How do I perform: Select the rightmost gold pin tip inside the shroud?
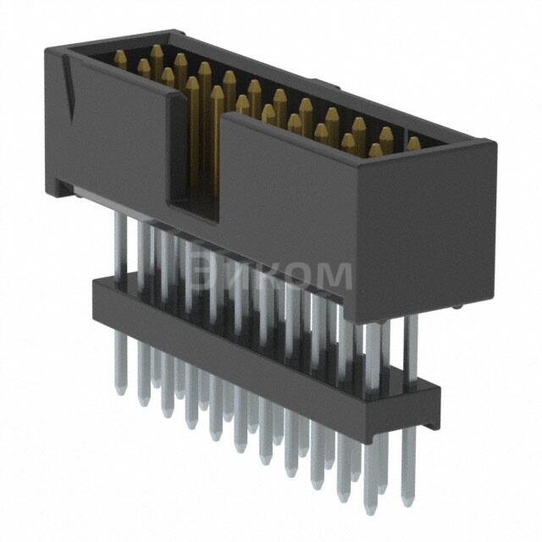tap(413, 143)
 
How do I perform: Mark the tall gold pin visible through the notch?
tap(193, 127)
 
